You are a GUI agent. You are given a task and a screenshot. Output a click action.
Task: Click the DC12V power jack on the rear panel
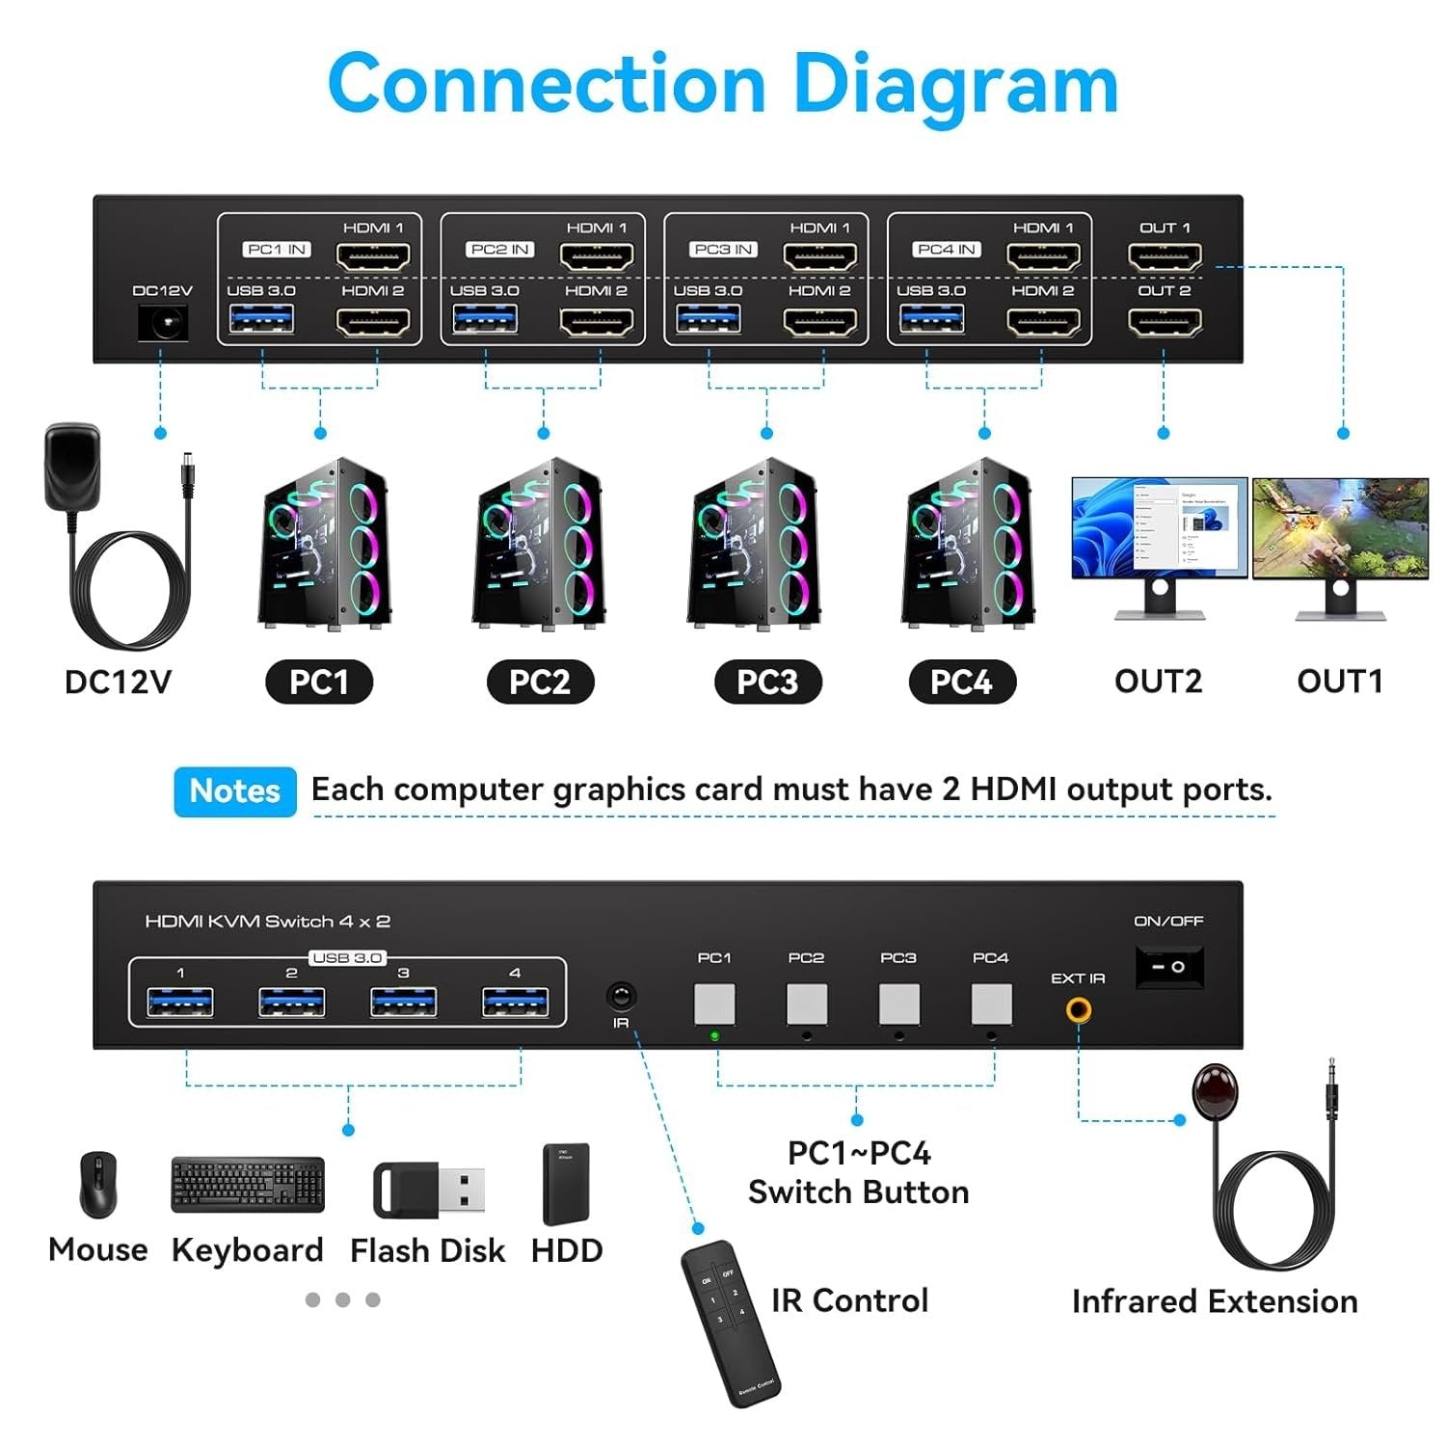coord(162,322)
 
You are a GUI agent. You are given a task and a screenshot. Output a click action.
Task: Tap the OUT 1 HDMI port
coord(1165,256)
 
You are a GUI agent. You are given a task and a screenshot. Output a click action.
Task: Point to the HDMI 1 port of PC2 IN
coord(597,256)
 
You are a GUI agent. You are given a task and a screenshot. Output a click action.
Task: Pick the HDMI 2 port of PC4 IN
coord(1043,321)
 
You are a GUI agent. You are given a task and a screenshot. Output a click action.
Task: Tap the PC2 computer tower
coord(540,545)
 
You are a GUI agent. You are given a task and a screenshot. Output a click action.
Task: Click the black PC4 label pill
coord(962,683)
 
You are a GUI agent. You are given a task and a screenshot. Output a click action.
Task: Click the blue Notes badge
coord(235,791)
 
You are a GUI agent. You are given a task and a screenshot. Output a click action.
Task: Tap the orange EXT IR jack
coord(1078,1010)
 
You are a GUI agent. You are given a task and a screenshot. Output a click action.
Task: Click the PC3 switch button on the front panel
coord(898,1004)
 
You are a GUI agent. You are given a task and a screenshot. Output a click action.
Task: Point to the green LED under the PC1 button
coord(714,1036)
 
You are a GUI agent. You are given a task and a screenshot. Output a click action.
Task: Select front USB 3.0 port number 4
coord(515,1004)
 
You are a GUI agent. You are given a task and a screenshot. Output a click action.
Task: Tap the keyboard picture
coord(248,1185)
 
